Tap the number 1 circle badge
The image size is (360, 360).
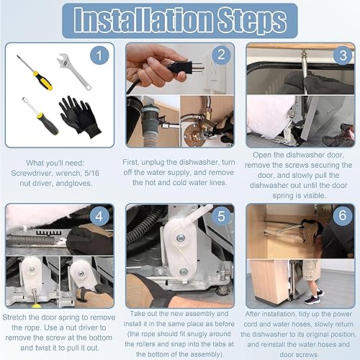pyautogui.click(x=102, y=55)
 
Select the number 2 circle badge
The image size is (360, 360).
pyautogui.click(x=221, y=55)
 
